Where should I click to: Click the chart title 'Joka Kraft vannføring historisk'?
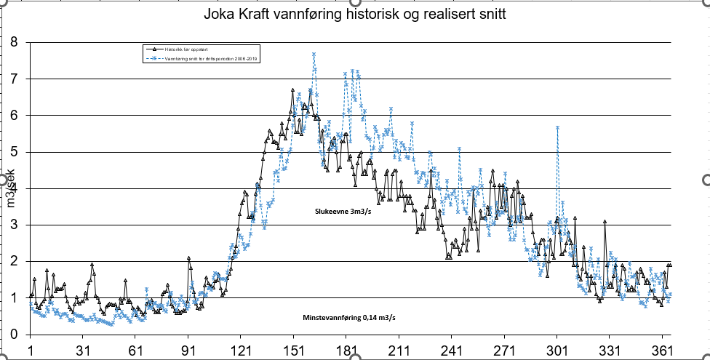(x=355, y=15)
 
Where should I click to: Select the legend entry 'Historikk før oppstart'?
(x=182, y=49)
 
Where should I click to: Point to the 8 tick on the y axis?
(x=15, y=42)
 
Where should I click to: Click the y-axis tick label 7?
(x=15, y=79)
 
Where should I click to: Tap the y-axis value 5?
(x=15, y=152)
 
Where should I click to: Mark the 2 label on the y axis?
(x=15, y=261)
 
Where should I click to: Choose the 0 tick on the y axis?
(x=15, y=335)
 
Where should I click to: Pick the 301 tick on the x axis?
(x=557, y=349)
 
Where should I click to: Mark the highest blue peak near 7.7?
(x=314, y=54)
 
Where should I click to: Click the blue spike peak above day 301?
(x=557, y=127)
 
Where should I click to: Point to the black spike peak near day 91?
(x=188, y=258)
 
